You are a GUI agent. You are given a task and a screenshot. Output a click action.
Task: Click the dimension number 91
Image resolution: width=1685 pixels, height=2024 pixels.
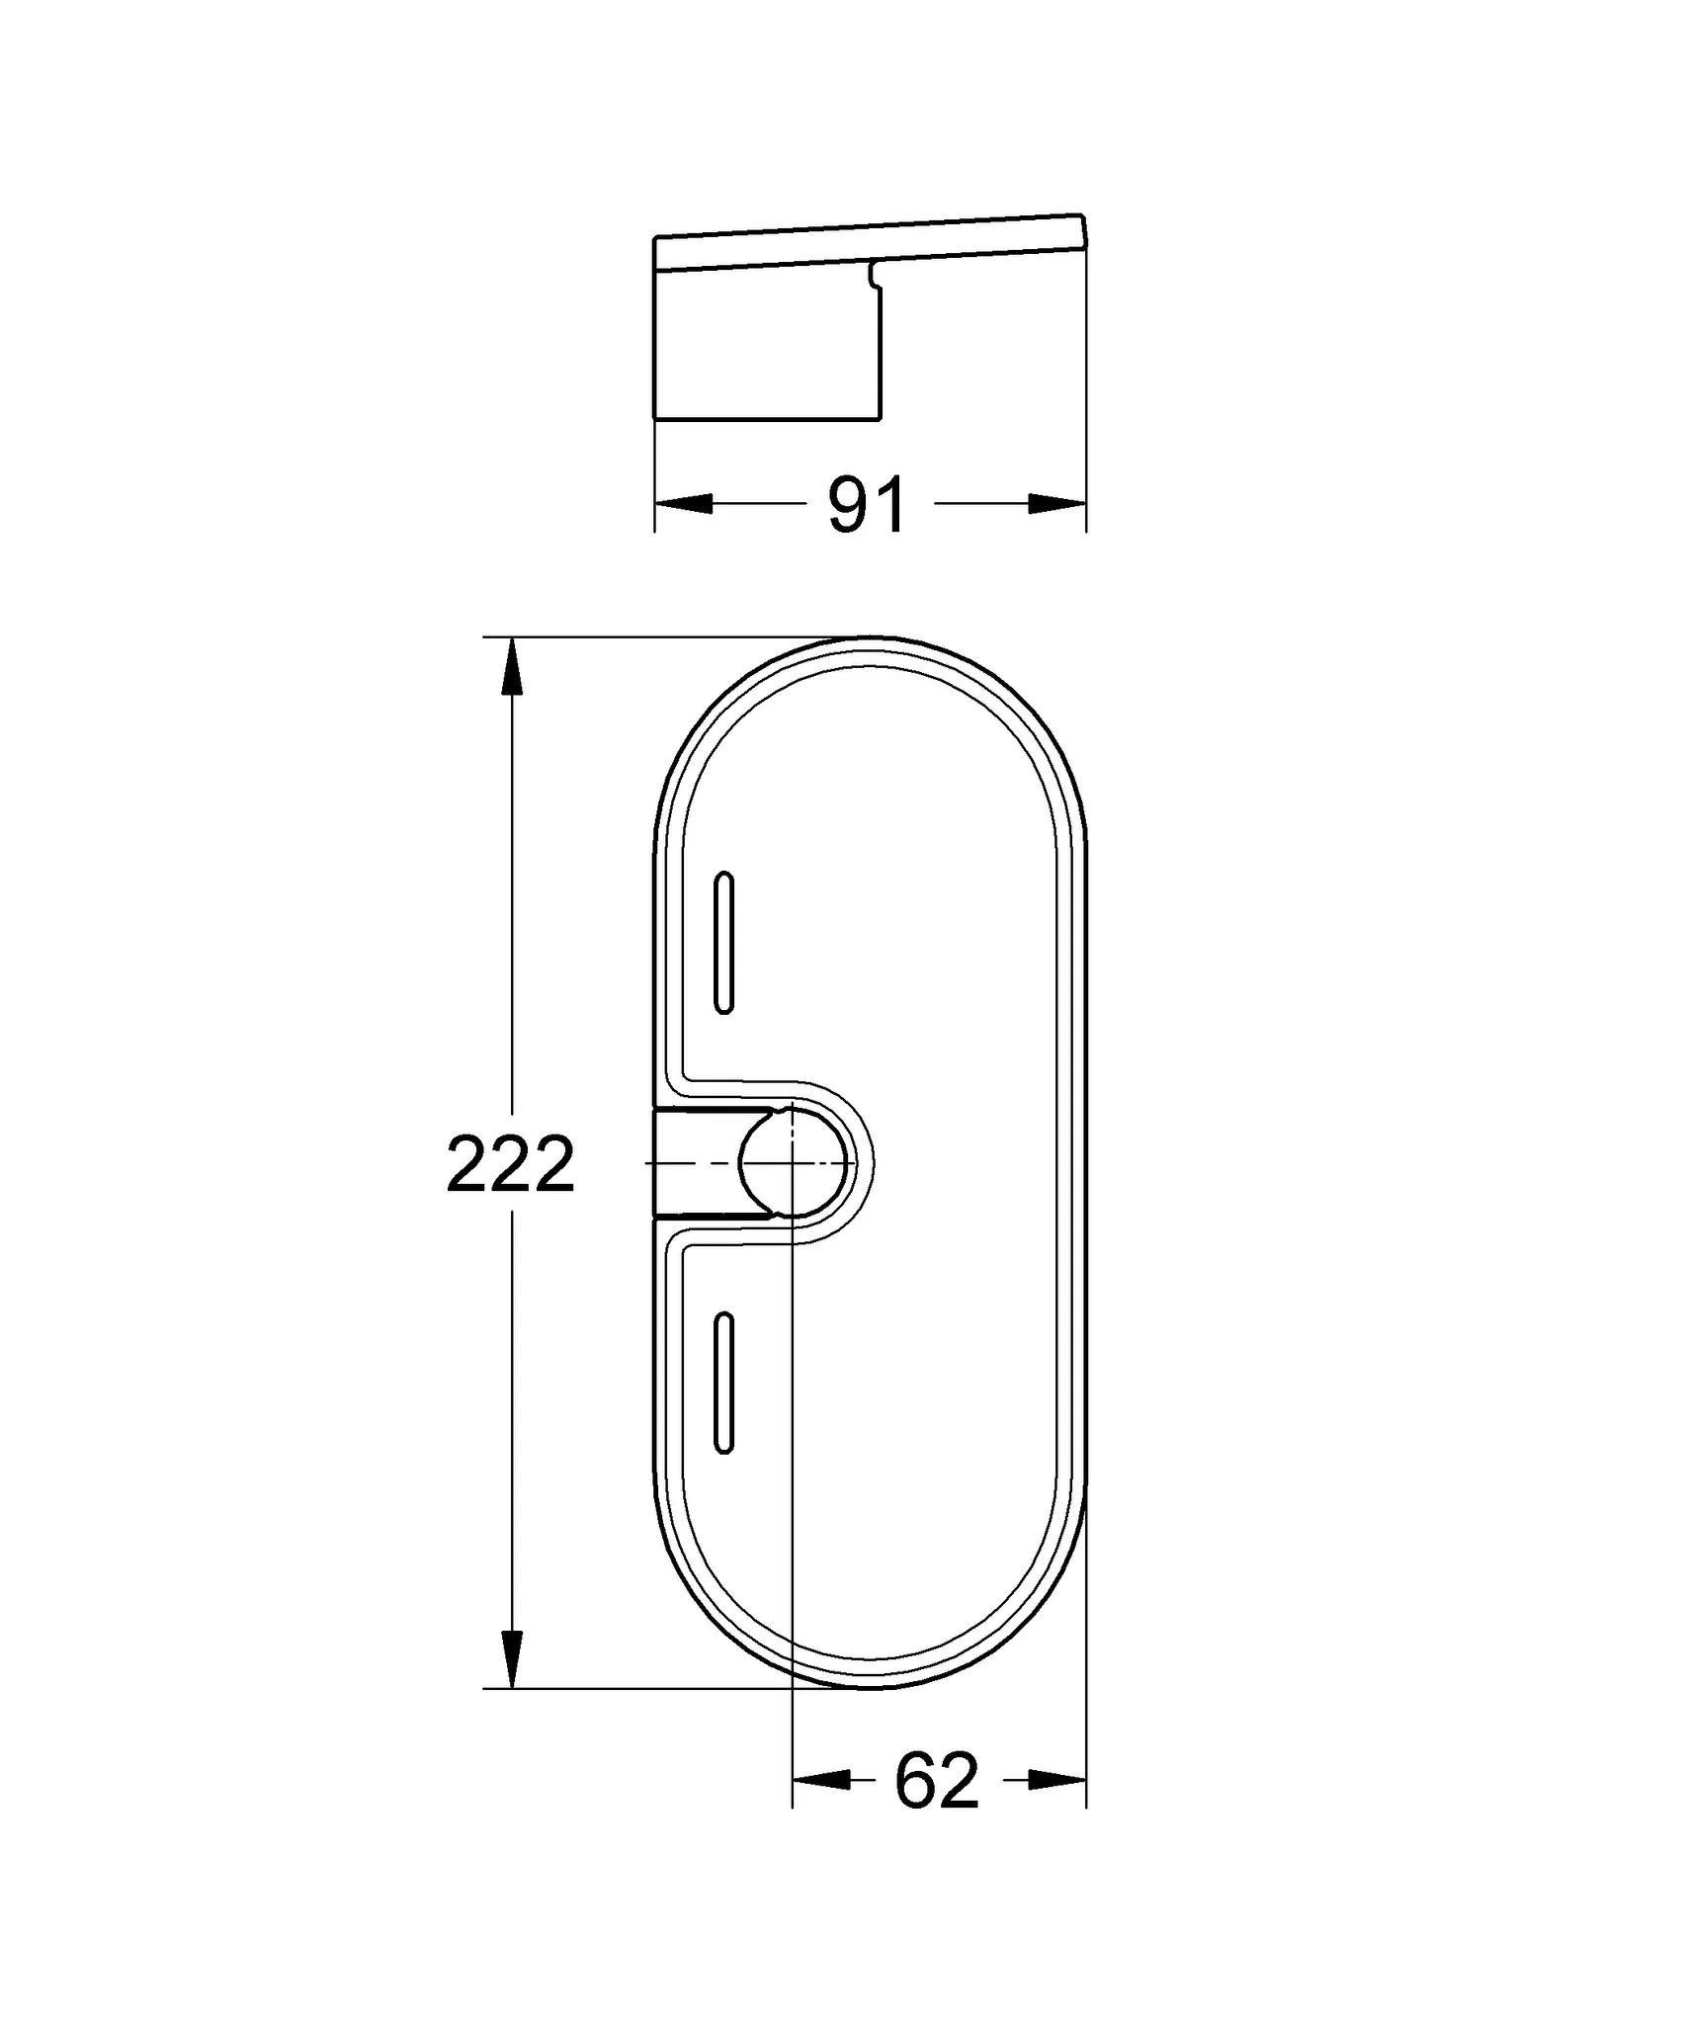click(867, 505)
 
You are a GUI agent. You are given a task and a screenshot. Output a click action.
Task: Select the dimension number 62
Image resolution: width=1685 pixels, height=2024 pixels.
click(935, 1780)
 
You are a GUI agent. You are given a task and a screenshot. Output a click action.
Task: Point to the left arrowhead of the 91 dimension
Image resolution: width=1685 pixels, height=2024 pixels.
click(684, 504)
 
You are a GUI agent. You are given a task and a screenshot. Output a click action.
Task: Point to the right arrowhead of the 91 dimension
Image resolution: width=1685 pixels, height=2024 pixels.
click(1057, 504)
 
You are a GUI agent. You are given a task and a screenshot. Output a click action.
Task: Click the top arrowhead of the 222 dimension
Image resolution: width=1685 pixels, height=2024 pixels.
click(511, 667)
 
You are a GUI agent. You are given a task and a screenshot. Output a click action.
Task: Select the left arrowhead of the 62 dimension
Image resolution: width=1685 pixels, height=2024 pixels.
click(821, 1780)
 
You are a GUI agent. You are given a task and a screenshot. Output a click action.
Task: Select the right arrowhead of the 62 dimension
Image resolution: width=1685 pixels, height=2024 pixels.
click(1057, 1780)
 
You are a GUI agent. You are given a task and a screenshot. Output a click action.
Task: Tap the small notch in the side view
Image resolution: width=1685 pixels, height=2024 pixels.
click(873, 277)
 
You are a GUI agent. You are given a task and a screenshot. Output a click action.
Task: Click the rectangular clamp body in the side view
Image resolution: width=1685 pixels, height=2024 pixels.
click(766, 346)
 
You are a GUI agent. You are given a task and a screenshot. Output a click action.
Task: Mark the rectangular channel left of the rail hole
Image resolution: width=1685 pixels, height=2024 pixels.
click(697, 1163)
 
